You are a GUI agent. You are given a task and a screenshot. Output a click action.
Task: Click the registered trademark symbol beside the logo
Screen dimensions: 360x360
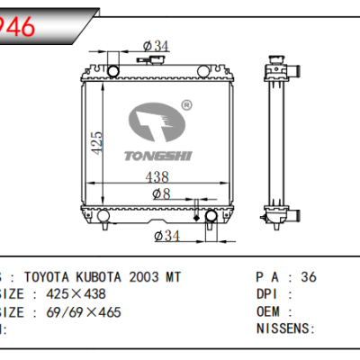(x=186, y=105)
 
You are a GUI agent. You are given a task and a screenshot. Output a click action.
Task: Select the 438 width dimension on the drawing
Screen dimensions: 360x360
(x=157, y=178)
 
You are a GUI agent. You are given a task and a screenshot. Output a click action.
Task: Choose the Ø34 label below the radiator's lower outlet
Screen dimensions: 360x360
(x=168, y=236)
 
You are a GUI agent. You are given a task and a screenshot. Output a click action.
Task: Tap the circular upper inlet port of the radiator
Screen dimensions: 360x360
(x=114, y=70)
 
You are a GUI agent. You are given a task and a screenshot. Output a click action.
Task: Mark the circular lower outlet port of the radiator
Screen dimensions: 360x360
(x=212, y=217)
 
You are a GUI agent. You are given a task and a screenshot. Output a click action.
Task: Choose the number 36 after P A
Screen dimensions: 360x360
(x=309, y=277)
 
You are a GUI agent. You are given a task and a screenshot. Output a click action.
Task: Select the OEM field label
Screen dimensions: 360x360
(x=270, y=311)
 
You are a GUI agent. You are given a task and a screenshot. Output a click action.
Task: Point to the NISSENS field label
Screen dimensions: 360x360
(x=283, y=328)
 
